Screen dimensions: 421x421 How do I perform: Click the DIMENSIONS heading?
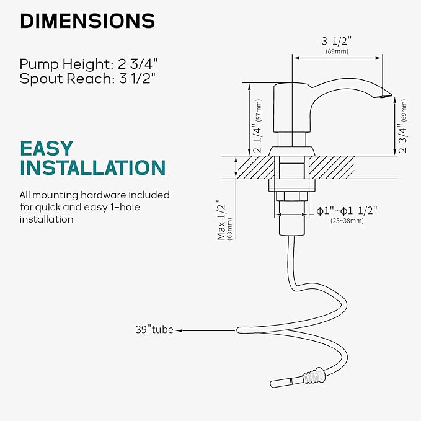(87, 21)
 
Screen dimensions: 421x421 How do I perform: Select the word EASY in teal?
(47, 148)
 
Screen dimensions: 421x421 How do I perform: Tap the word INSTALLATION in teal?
(92, 168)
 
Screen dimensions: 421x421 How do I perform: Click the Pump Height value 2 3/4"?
(138, 64)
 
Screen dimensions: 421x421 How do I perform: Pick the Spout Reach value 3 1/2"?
(138, 79)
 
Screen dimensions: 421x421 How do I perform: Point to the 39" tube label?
(154, 329)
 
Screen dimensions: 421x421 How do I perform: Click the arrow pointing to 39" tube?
(206, 331)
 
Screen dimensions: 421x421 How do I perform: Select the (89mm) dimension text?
(337, 51)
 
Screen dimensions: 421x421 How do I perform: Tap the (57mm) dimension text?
(259, 110)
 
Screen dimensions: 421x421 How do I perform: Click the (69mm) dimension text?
(404, 110)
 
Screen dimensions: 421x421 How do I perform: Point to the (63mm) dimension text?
(230, 229)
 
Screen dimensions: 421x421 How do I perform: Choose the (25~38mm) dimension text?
(347, 221)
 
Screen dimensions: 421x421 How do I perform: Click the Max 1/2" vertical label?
(221, 220)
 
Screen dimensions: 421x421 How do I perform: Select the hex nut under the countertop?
(291, 197)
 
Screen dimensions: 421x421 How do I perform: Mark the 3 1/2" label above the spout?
(337, 41)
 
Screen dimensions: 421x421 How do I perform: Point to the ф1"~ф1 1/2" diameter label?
(347, 211)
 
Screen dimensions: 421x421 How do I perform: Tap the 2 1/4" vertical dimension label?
(257, 138)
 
